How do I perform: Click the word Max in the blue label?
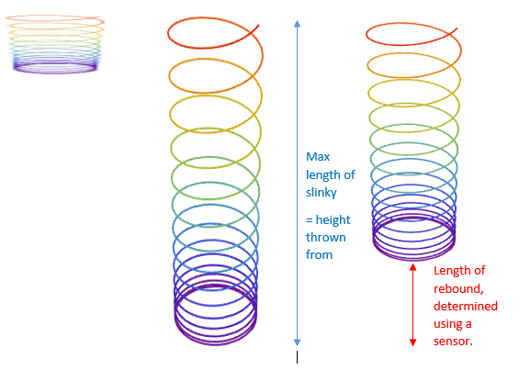click(x=318, y=156)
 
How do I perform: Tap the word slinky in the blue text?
click(x=322, y=193)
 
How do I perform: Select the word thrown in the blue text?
click(x=326, y=237)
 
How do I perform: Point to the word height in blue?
click(x=333, y=220)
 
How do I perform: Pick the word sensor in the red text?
click(x=452, y=342)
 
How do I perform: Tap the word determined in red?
click(x=466, y=306)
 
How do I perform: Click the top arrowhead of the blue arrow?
click(x=298, y=23)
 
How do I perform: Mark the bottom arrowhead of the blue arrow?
click(x=298, y=342)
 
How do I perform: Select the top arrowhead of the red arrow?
click(x=412, y=267)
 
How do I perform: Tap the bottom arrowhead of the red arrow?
click(x=412, y=342)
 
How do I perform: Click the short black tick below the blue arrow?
click(x=298, y=357)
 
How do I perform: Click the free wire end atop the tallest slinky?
click(x=258, y=25)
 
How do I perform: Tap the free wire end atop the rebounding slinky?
click(x=457, y=28)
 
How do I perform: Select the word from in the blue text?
click(x=319, y=255)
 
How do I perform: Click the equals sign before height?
click(x=310, y=220)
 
